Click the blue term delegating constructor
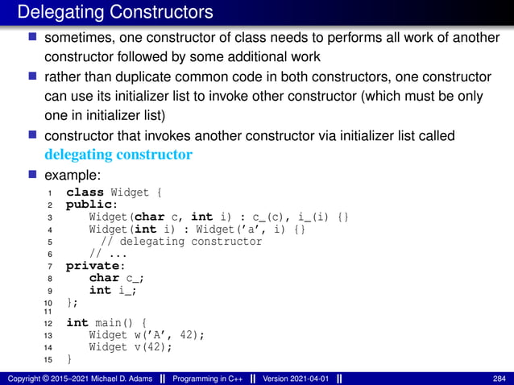point(118,154)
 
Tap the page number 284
point(499,379)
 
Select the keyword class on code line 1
point(85,192)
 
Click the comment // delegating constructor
point(181,241)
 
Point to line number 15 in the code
point(48,359)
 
